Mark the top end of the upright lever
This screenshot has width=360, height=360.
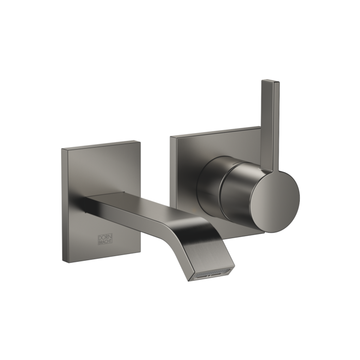[270, 81]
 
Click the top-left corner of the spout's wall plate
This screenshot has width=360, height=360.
[61, 148]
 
